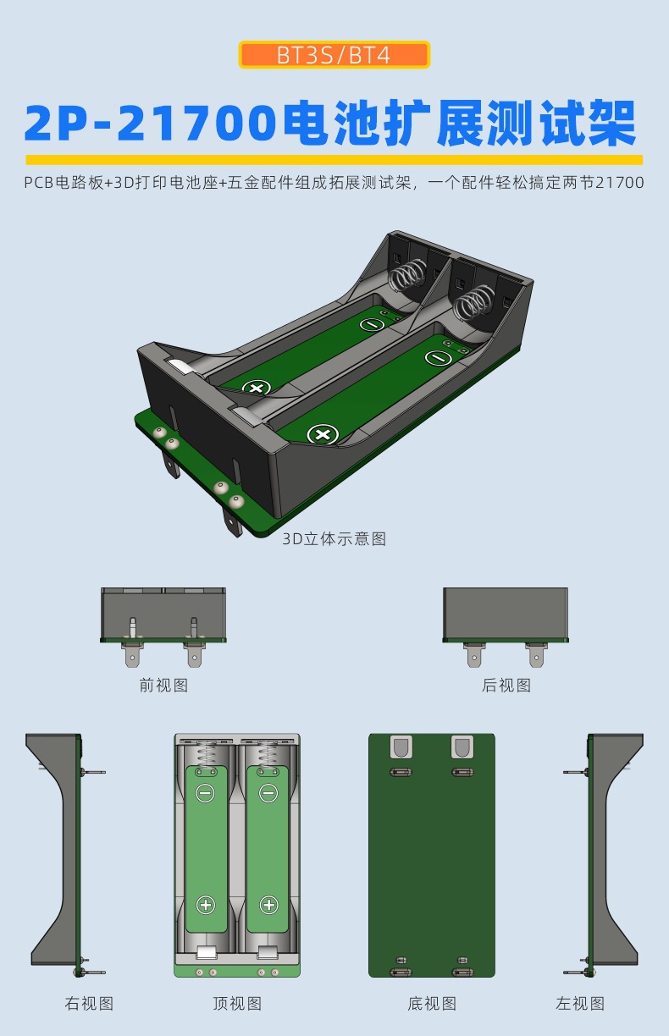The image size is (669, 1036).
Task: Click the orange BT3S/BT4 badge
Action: pos(334,55)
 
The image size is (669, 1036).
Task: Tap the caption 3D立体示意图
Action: pos(334,539)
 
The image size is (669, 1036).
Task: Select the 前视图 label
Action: pos(163,686)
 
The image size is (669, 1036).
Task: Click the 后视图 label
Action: pos(506,686)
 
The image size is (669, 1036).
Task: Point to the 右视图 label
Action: pos(89,1004)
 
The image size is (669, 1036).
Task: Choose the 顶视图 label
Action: pos(237,1004)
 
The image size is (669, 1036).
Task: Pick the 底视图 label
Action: pos(432,1004)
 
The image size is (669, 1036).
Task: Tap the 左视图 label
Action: pos(580,1004)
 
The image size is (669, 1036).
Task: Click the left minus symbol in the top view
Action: pos(206,793)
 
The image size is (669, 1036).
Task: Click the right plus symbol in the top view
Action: pos(268,905)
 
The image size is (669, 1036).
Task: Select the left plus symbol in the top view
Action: pos(206,905)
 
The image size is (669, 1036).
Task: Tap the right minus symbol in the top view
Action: pos(268,793)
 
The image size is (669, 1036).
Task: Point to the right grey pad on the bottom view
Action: pos(462,747)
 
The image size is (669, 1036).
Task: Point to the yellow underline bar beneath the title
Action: pos(334,159)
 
